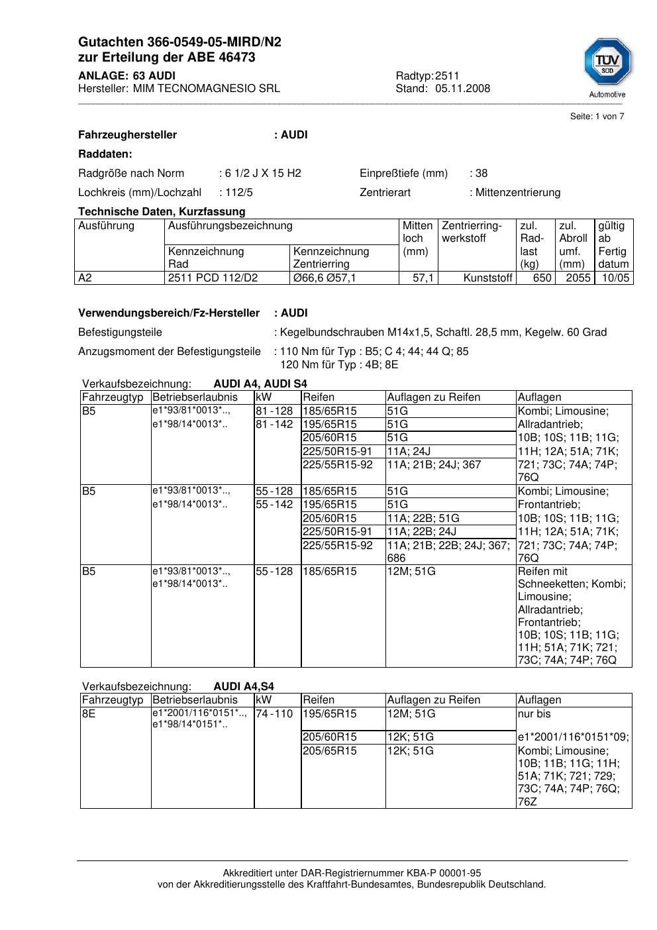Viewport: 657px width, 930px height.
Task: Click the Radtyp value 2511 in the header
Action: (x=447, y=76)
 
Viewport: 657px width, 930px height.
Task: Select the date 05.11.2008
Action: (x=462, y=89)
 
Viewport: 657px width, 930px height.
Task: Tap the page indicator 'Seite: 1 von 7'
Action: (x=597, y=117)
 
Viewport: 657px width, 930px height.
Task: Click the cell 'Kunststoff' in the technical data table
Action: (x=488, y=278)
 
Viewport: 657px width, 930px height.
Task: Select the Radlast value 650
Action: (x=542, y=278)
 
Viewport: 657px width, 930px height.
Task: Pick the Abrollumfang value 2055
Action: (x=578, y=278)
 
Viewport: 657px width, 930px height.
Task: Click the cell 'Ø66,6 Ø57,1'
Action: (x=325, y=278)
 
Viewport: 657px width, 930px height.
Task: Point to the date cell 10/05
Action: (x=615, y=278)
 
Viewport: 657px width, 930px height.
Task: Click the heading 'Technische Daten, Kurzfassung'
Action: (x=162, y=212)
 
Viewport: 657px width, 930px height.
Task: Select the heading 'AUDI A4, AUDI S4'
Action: (x=260, y=384)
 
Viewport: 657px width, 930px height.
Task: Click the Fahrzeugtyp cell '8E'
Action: (x=89, y=714)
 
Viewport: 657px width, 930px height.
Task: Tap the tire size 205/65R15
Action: (x=329, y=751)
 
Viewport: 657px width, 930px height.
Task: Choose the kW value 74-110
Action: (x=274, y=714)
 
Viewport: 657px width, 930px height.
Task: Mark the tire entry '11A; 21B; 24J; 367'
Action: (x=434, y=465)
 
